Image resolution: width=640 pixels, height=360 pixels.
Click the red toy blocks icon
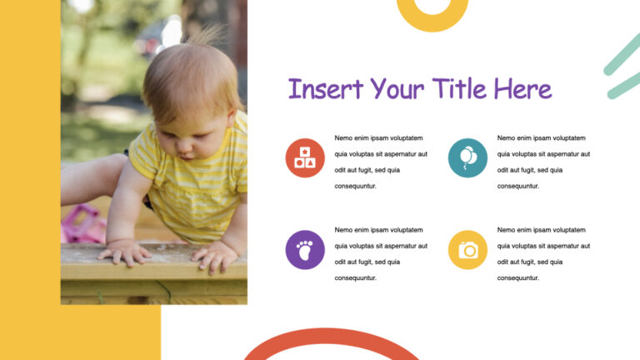click(305, 157)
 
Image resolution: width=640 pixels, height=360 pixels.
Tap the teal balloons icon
click(467, 157)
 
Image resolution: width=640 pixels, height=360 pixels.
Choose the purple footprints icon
click(305, 250)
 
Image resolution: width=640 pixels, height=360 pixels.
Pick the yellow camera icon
click(467, 250)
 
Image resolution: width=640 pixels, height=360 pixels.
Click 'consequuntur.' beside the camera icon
click(518, 278)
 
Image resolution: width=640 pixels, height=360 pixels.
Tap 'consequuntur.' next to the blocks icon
click(356, 186)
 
